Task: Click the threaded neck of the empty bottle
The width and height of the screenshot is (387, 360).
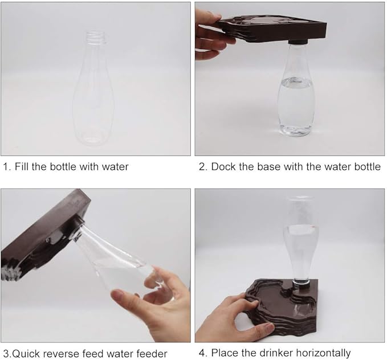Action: (96, 38)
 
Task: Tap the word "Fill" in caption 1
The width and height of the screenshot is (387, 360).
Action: (22, 166)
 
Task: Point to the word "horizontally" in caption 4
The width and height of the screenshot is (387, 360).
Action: (323, 353)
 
